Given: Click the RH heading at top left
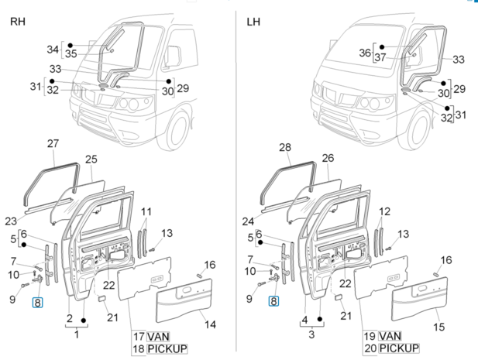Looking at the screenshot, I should click(16, 21).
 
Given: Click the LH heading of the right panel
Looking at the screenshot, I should click(253, 21).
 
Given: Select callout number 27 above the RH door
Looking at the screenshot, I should click(53, 144).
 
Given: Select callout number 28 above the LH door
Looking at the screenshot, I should click(284, 147).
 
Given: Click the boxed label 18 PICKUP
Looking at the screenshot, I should click(159, 349).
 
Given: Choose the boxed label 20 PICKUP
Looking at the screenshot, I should click(391, 349).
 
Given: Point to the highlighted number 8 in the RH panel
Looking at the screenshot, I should click(37, 303).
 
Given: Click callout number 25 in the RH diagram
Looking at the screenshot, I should click(91, 159).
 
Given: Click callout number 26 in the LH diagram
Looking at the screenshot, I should click(327, 159).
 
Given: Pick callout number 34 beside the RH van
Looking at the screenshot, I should click(53, 50).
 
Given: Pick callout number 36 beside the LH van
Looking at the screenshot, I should click(366, 53).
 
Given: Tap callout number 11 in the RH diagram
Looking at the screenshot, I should click(146, 211).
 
